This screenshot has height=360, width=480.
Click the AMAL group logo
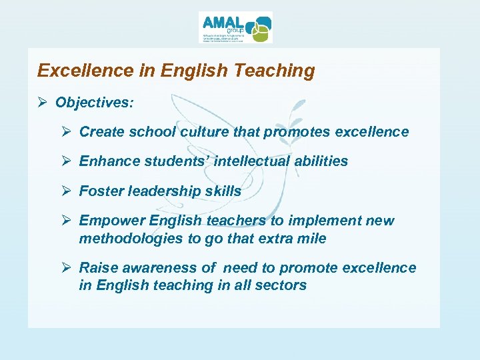pos(235,27)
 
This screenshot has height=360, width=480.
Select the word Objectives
pos(94,103)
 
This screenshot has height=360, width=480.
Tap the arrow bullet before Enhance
pos(67,161)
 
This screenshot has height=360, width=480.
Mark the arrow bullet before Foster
pos(67,191)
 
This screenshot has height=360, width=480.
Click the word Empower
pos(111,221)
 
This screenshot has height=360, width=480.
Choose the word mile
pos(312,239)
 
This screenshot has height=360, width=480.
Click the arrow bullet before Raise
pos(67,268)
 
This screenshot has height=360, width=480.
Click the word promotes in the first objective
pos(297,132)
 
